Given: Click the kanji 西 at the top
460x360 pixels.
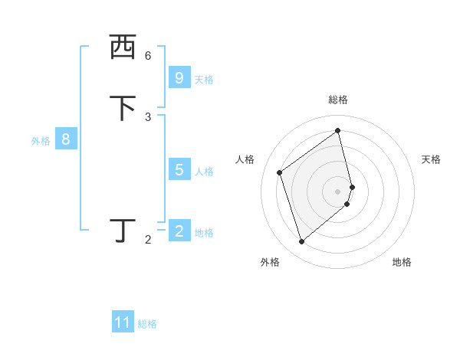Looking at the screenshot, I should tap(123, 47).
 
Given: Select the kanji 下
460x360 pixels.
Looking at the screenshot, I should tap(123, 108).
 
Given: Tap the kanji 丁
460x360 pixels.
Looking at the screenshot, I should tap(123, 231).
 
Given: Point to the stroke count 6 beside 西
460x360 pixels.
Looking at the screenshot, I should tap(148, 56).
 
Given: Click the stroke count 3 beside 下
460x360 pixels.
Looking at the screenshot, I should tap(148, 117).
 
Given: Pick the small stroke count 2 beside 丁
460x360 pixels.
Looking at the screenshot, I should tap(148, 240).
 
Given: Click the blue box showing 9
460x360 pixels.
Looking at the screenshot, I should tap(179, 78).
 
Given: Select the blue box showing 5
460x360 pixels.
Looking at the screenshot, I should tap(179, 170).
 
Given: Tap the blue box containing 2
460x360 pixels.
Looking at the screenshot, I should tap(179, 231).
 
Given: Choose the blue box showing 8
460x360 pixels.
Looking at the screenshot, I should tap(66, 139).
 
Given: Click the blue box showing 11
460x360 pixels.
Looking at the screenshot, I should tap(123, 323).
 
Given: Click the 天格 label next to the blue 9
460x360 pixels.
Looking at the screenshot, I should tap(204, 79).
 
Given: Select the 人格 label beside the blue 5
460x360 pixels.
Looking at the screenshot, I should tap(204, 171).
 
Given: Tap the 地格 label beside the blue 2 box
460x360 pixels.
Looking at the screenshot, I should tap(204, 232).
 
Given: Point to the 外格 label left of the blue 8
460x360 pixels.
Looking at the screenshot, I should tap(41, 140).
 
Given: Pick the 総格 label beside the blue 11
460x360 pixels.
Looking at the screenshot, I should tap(147, 324).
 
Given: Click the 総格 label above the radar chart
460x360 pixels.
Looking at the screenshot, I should tap(338, 100).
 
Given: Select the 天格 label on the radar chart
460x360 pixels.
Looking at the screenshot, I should tap(431, 159).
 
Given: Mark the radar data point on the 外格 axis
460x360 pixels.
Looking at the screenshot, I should tap(301, 242).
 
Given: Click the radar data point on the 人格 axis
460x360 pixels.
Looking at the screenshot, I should tap(280, 172).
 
